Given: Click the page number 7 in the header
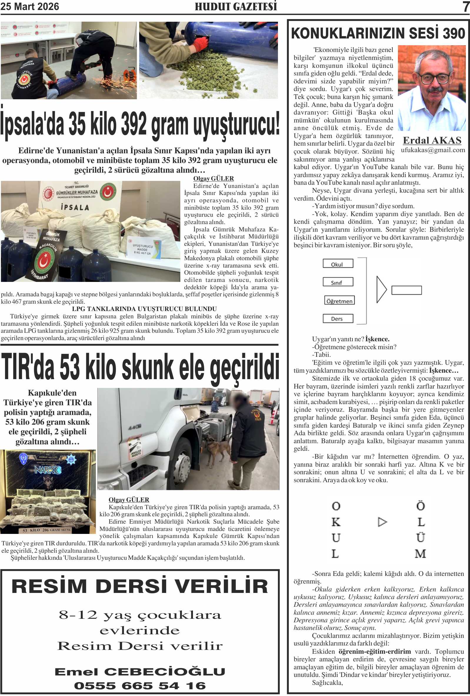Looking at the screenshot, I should coord(466,6).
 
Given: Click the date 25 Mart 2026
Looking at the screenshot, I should coord(30,6).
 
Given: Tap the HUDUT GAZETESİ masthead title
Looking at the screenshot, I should coord(236,6).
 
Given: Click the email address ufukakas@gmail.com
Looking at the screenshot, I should coord(433,150).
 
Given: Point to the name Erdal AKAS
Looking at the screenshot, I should coord(432,140).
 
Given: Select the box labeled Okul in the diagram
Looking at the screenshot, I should coord(338,264).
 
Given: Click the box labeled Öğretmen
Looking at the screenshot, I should coord(339,300).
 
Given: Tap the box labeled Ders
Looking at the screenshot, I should coord(338,318).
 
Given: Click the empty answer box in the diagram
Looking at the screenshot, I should coord(406,290).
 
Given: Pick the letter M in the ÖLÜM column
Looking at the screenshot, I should coord(420,554).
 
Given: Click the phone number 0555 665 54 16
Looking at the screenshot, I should coord(140,685).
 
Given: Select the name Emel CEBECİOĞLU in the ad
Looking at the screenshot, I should coord(140,671).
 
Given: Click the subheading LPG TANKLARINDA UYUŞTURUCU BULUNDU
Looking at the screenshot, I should coord(144,309).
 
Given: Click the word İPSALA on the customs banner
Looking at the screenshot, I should coord(75,207).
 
